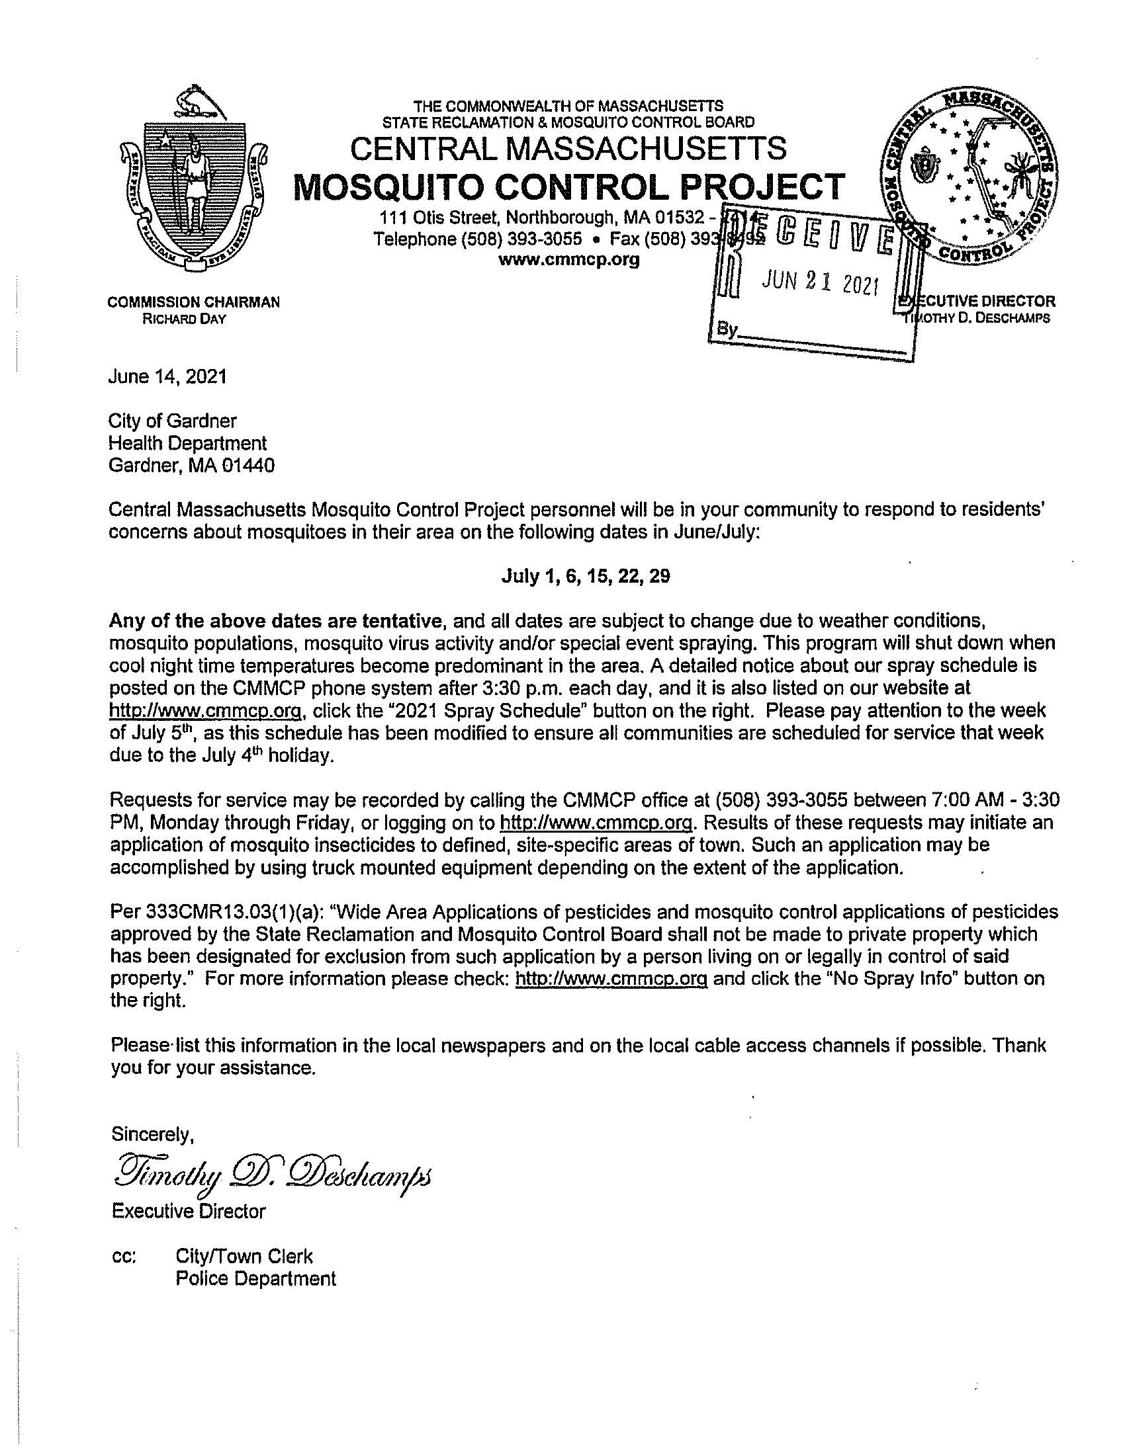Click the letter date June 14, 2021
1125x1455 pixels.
(167, 377)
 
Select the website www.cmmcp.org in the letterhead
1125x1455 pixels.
(568, 260)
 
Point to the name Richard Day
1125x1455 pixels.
(184, 319)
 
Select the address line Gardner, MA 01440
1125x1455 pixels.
(192, 466)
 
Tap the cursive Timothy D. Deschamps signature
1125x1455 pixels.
(273, 1180)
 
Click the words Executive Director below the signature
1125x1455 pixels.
(188, 1211)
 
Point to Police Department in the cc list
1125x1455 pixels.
(255, 1279)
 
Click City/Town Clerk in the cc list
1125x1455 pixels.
(244, 1257)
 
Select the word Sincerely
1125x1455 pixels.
(152, 1133)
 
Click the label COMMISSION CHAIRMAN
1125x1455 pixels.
(193, 302)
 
